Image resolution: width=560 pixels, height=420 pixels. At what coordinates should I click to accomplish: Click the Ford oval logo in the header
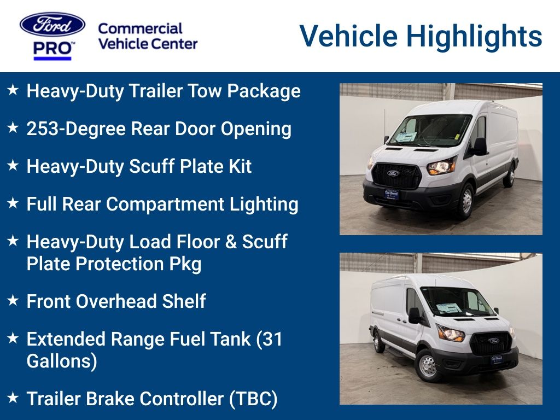click(52, 25)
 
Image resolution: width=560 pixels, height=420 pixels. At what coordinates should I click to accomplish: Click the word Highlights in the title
click(474, 36)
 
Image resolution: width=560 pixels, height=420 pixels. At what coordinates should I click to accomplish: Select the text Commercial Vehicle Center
click(147, 36)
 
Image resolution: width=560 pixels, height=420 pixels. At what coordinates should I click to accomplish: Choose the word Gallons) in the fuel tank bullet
click(62, 361)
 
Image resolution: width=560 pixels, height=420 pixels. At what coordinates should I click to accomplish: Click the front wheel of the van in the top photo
click(465, 201)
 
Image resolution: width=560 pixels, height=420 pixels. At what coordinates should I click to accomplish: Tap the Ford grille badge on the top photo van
click(393, 173)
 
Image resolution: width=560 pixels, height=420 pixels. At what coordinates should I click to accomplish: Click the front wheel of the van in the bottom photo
click(427, 366)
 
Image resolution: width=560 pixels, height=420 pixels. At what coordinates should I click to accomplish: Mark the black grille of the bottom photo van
click(492, 344)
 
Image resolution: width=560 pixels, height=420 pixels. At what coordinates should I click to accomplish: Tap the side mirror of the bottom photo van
click(415, 314)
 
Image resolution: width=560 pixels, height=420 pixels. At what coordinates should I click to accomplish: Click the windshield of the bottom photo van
click(460, 302)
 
